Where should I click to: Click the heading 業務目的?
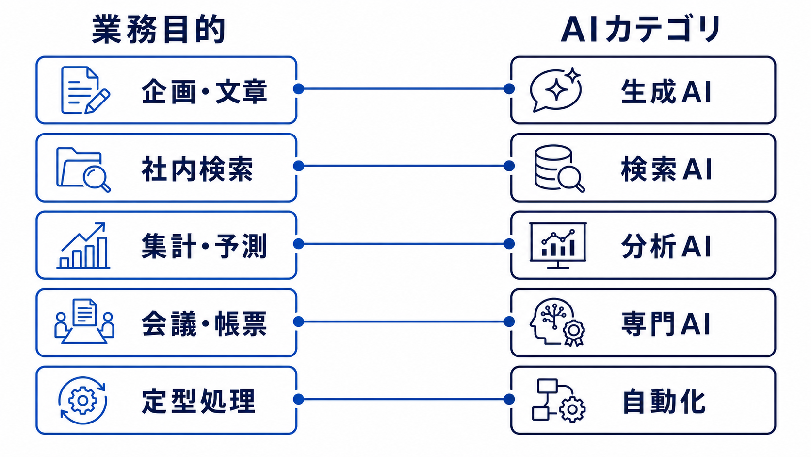point(159,29)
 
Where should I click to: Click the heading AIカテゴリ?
point(641,29)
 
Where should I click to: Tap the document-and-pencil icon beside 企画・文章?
point(85,90)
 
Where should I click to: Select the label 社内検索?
point(197,169)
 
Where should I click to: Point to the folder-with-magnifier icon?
point(83,169)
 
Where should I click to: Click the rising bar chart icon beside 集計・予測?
point(83,245)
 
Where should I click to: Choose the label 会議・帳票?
point(204,323)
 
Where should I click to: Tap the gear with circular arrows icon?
point(83,401)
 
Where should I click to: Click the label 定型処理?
point(198,401)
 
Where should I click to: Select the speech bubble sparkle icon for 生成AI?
point(555,89)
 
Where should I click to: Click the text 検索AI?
point(666,169)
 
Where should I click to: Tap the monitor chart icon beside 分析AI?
point(558,245)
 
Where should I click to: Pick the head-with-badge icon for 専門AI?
point(557,322)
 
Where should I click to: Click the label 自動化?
point(664,401)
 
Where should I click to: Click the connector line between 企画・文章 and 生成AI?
point(404,88)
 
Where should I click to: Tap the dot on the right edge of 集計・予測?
point(298,244)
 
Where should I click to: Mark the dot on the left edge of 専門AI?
point(509,322)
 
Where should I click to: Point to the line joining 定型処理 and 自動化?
point(404,399)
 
